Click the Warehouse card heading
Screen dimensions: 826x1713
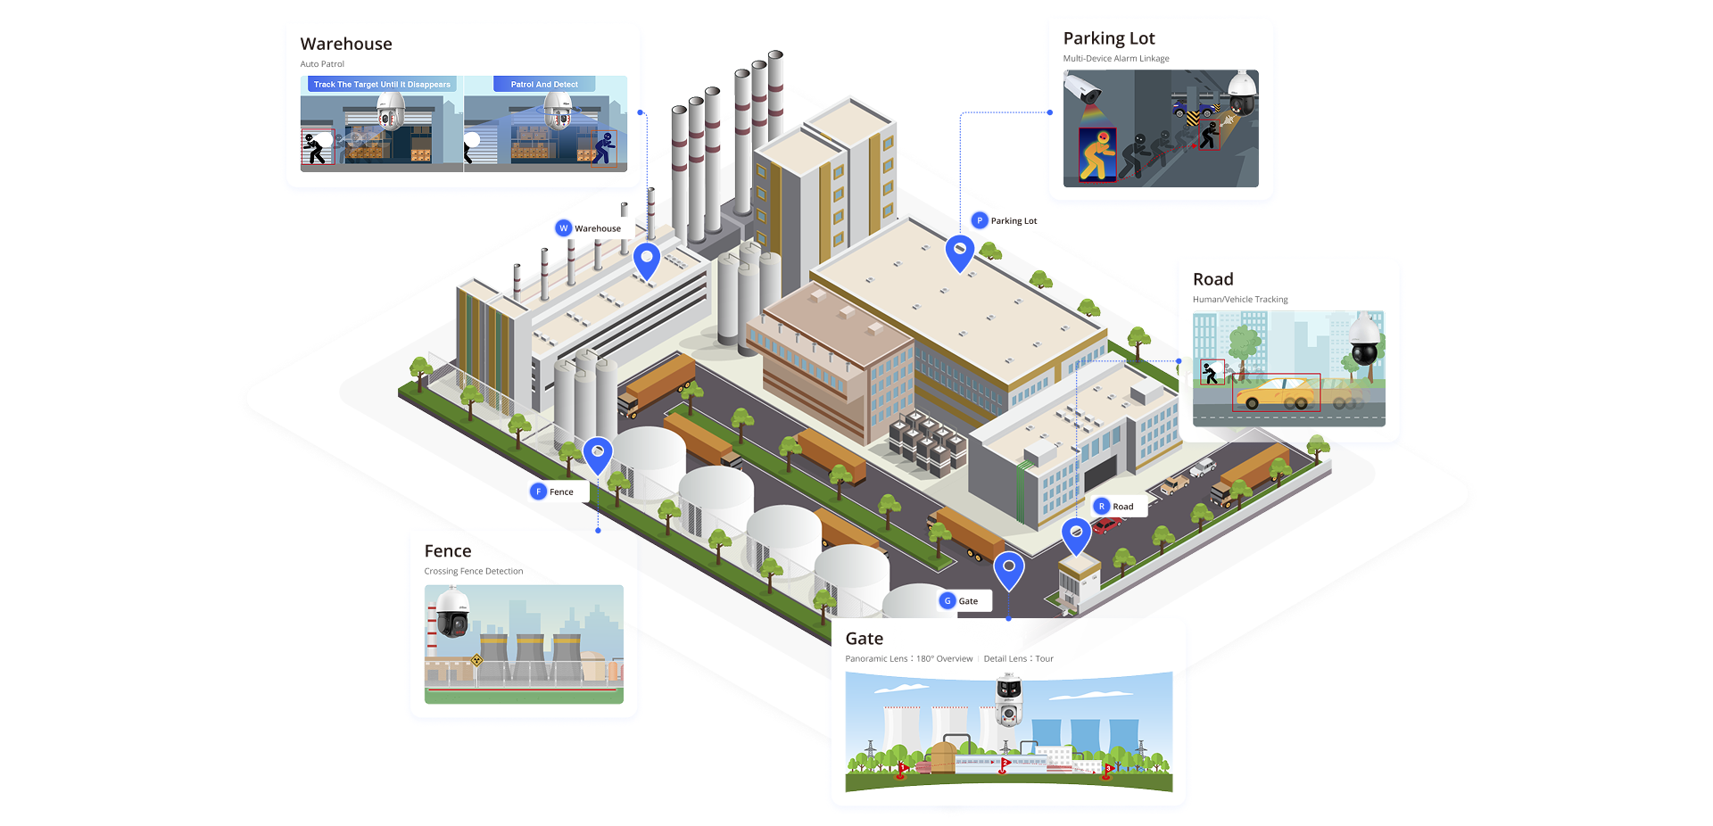coord(346,44)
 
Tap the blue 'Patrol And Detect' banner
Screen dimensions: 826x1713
coord(544,85)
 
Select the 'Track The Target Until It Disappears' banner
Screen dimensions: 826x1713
coord(382,85)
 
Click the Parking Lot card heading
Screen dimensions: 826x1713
coord(1108,38)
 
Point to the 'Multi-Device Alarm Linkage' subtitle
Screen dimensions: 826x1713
coord(1115,59)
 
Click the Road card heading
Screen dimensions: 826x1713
coord(1212,279)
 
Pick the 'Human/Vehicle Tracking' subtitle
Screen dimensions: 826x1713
coord(1240,300)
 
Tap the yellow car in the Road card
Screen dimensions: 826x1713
coord(1277,392)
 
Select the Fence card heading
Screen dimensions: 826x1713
coord(447,551)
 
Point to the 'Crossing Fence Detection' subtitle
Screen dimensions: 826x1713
coord(473,572)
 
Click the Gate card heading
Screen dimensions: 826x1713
coord(864,639)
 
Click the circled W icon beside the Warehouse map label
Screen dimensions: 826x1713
coord(563,228)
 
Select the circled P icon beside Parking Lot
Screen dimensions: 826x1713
coord(980,220)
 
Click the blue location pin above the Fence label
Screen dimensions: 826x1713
coord(597,453)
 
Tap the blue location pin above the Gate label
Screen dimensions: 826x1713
coord(1008,568)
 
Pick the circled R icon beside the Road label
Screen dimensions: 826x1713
coord(1102,506)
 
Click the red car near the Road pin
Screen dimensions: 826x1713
coord(1106,525)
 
